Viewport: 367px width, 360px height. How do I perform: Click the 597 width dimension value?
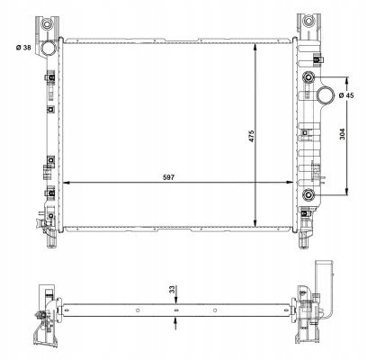coord(168,177)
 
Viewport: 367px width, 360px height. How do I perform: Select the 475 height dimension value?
coord(251,136)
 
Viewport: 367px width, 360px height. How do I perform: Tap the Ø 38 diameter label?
coord(23,48)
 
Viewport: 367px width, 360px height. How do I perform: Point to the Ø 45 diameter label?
coord(346,95)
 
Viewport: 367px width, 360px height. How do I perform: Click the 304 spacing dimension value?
coord(343,134)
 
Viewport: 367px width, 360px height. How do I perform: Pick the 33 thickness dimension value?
coord(172,290)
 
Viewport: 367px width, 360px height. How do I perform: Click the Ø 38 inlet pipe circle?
coord(48,49)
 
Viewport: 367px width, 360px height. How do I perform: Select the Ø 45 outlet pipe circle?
coord(325,94)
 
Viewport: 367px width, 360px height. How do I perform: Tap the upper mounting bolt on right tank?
coord(309,77)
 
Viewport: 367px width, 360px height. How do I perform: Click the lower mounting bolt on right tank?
coord(309,195)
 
